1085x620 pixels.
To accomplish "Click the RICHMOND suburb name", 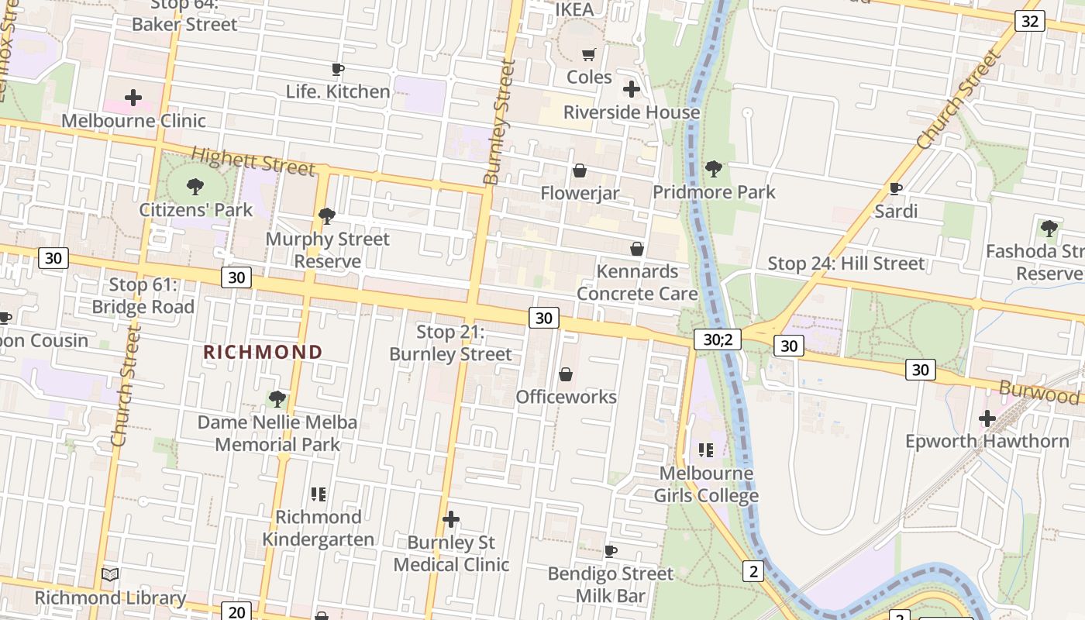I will click(x=263, y=352).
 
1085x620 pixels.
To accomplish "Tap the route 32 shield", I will click(x=1029, y=21).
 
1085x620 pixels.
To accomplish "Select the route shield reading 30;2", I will click(x=718, y=339).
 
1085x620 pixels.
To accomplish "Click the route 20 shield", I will click(x=237, y=611).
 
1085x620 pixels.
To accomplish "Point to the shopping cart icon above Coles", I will click(x=589, y=54).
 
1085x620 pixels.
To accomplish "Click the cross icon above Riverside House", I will click(x=632, y=89).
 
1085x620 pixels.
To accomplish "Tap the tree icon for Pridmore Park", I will click(x=713, y=168).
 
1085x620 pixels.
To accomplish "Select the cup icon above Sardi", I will click(x=896, y=188).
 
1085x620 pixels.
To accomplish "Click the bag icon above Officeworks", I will click(x=567, y=374).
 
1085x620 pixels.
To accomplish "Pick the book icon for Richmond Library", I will click(x=110, y=575).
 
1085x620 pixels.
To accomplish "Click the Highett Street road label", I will click(x=253, y=161).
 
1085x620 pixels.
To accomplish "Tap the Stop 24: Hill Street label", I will click(x=846, y=263).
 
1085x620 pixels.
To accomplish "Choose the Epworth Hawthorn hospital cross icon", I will click(x=987, y=418).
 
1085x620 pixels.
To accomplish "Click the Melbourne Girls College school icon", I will click(x=705, y=449).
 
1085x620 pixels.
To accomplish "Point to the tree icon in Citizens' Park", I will click(x=195, y=186).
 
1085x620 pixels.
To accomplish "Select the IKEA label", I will click(x=575, y=9).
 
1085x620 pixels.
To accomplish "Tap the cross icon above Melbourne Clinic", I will click(x=133, y=98).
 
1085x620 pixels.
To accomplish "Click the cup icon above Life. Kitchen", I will click(x=338, y=70).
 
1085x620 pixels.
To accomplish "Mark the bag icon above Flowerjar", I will click(x=579, y=170).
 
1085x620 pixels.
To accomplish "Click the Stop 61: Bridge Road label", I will click(x=143, y=296).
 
